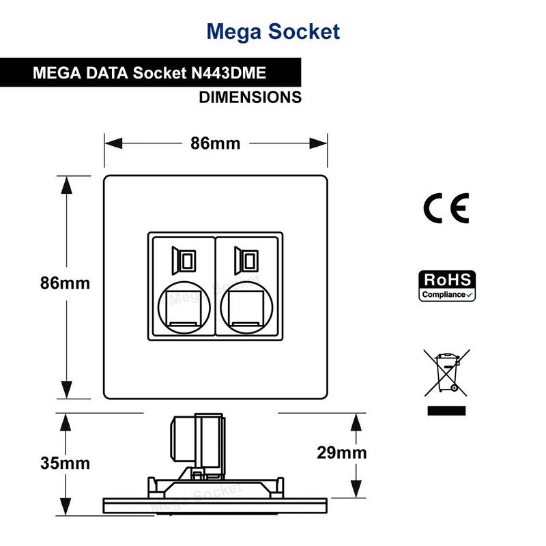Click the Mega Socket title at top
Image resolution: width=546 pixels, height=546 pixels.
pos(272,31)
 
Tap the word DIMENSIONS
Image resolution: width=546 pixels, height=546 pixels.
pos(250,97)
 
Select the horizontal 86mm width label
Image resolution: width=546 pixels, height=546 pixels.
pos(215,144)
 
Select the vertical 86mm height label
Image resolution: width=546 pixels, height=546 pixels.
pos(66,283)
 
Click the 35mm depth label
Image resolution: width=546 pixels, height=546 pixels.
pos(66,463)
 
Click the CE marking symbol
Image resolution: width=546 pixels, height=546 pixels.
pos(446,208)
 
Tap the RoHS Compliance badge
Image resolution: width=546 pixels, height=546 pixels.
pos(446,286)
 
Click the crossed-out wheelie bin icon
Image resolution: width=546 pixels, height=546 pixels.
pos(446,372)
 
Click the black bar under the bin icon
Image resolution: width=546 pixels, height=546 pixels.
pos(446,411)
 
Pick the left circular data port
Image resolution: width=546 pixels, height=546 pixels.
pos(182,306)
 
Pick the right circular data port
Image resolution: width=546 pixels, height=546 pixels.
pos(248,306)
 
